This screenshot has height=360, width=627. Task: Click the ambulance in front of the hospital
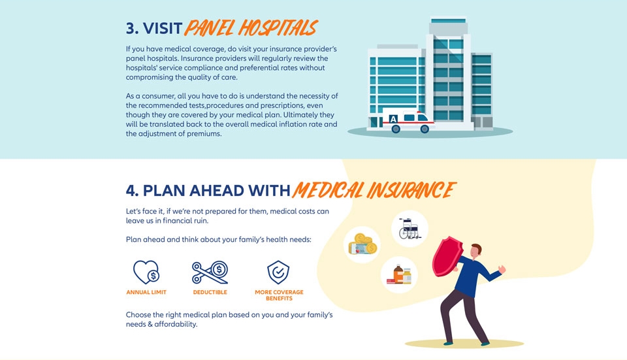point(408,120)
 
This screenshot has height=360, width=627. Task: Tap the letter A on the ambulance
point(393,119)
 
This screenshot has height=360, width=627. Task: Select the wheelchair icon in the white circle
point(410,229)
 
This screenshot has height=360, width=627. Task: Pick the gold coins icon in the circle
point(362,244)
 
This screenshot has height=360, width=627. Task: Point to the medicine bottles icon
point(399,275)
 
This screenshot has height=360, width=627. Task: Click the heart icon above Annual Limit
point(146,272)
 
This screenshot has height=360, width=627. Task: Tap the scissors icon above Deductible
point(210,272)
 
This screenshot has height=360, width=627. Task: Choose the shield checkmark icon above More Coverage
point(278,272)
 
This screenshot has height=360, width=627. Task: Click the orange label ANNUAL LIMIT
point(146,292)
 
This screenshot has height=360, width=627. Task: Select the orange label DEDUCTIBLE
point(210,292)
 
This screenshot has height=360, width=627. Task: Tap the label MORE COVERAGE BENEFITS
point(279,295)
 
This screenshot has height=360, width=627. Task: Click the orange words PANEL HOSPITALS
point(251,28)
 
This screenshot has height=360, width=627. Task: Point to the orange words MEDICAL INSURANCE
point(374,189)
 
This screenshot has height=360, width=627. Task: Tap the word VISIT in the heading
point(163,28)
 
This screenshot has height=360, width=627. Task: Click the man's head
point(475,251)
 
